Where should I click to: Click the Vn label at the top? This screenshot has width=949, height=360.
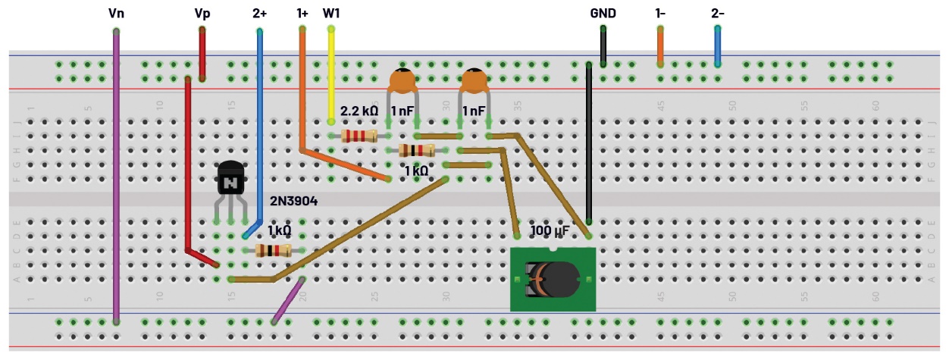(116, 13)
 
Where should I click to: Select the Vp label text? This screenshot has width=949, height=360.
(202, 13)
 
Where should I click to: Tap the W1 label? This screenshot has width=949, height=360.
(331, 13)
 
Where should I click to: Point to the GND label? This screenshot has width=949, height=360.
(603, 13)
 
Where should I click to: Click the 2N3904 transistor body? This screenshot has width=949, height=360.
(230, 180)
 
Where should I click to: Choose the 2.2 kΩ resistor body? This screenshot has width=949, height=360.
(359, 136)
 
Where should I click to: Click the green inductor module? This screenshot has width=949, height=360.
(552, 278)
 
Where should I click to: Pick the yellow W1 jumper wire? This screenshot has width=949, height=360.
(330, 76)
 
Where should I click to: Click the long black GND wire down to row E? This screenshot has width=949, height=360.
(589, 144)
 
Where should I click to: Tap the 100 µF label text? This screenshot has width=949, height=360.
(551, 230)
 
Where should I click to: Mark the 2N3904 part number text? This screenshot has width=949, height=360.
(293, 202)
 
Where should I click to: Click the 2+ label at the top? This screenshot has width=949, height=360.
(259, 13)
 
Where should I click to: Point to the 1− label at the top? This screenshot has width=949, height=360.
(661, 13)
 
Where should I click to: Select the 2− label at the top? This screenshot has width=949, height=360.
(718, 13)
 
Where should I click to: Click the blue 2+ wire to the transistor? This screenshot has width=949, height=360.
(259, 129)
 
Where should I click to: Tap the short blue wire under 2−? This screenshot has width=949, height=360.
(717, 46)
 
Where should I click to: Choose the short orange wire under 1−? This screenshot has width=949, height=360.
(660, 46)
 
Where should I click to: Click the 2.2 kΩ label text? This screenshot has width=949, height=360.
(359, 111)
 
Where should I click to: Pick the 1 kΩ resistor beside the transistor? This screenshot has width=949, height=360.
(273, 251)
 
